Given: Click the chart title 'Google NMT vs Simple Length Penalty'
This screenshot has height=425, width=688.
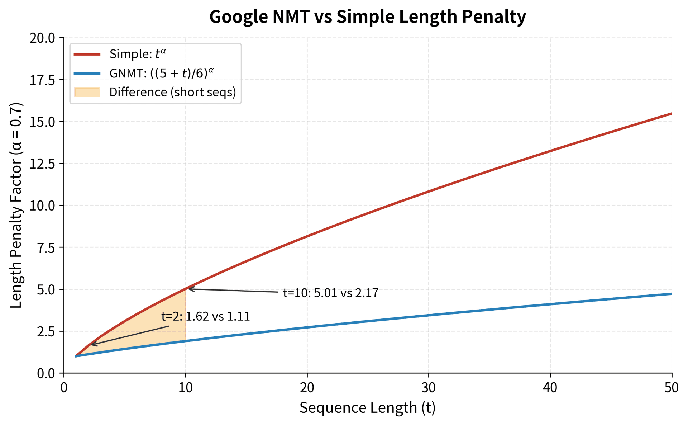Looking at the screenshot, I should (368, 17).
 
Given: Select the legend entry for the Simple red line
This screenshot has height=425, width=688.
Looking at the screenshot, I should (138, 54).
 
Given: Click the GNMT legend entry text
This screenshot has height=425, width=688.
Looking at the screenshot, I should (161, 73).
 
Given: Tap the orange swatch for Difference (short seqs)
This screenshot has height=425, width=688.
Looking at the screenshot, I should (87, 92).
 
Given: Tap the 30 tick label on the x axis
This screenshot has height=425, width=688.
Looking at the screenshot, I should (429, 388).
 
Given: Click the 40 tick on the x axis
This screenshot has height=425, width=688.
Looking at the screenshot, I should (550, 388).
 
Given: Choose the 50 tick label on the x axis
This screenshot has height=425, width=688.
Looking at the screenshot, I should (671, 388).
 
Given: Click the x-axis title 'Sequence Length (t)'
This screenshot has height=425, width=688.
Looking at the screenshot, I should (368, 408).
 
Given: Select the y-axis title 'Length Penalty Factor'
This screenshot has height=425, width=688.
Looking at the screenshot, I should (16, 205).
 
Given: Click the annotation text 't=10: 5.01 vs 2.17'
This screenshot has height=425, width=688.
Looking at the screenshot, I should (330, 293).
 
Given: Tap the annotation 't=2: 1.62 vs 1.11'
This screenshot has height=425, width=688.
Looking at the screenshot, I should (205, 317).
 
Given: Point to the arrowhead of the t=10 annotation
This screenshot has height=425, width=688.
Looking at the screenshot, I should (189, 289).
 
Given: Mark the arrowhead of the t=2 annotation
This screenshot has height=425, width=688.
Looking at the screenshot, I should (91, 345).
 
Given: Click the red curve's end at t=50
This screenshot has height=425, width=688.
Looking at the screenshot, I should (671, 114).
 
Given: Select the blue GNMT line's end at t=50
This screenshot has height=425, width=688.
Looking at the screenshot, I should (671, 294).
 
